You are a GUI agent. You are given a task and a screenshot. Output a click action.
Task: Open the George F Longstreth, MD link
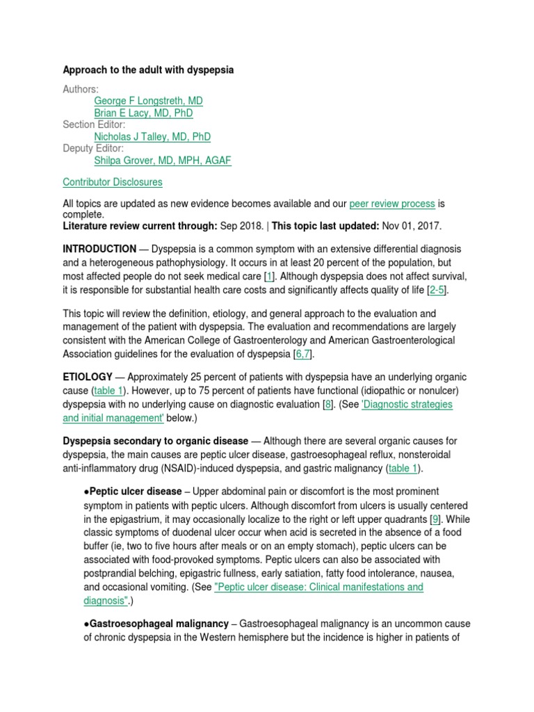pos(148,101)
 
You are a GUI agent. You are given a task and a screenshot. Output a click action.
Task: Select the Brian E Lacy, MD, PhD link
pos(143,113)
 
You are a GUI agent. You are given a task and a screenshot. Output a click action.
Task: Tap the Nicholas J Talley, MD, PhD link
pos(152,137)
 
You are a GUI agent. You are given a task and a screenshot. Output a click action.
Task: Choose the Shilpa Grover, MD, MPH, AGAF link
pos(163,161)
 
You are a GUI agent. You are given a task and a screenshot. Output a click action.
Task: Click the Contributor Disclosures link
pos(113,182)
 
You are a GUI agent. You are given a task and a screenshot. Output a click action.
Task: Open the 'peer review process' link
pos(392,204)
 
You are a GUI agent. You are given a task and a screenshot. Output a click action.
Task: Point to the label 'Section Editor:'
pos(94,124)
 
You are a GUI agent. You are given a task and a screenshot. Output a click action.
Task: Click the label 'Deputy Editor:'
pos(93,149)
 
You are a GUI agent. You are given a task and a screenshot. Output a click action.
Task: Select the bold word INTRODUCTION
pos(99,249)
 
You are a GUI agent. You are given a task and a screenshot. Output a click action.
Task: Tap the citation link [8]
pos(327,405)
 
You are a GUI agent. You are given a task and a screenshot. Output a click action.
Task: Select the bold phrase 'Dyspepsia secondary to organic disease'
pos(155,441)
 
